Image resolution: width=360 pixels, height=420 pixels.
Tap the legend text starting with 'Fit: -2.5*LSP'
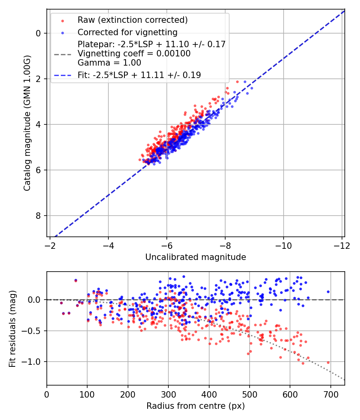tap(139, 75)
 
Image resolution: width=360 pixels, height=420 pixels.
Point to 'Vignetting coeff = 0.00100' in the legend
tap(134, 53)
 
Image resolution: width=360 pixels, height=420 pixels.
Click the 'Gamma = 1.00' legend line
tap(109, 62)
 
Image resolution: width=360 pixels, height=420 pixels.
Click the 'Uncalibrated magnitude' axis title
tap(195, 257)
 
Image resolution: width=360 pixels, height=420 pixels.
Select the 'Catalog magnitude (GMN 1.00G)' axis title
tap(27, 123)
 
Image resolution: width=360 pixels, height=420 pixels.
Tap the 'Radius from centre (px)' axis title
tap(195, 406)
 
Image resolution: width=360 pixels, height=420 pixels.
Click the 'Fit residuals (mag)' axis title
tap(12, 328)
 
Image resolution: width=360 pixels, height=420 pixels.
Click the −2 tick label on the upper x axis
tap(50, 245)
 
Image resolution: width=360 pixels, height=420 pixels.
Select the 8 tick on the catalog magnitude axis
tap(39, 216)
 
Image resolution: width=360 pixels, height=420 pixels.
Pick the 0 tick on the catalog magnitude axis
tap(39, 33)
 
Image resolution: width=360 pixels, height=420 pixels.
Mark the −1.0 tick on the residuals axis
tap(34, 362)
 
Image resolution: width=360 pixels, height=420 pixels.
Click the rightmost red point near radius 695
tap(328, 362)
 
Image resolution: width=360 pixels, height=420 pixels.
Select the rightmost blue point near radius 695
tap(328, 292)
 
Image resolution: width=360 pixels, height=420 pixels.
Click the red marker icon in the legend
tap(62, 20)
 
